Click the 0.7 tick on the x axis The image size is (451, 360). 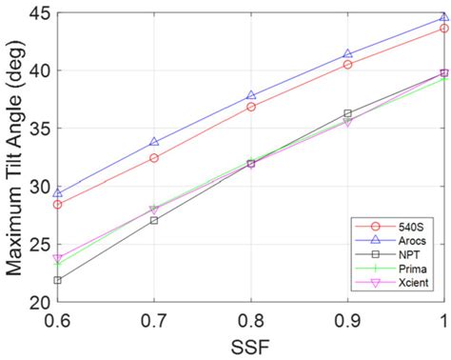click(154, 321)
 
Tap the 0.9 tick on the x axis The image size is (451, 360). click(347, 321)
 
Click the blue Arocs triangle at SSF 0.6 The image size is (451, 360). click(57, 193)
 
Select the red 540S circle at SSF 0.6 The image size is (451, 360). click(57, 205)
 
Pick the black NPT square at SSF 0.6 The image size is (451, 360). click(57, 280)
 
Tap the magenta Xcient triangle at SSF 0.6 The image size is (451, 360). click(57, 258)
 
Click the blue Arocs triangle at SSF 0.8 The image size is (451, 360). click(251, 95)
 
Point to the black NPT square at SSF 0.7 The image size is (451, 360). click(154, 220)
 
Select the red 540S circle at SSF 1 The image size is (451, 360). click(443, 29)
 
